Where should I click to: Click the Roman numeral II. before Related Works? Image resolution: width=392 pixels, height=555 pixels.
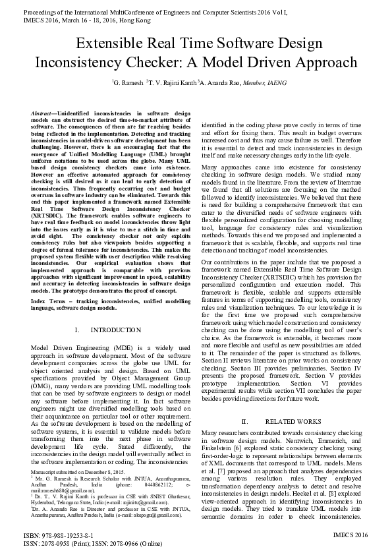[x=244, y=421]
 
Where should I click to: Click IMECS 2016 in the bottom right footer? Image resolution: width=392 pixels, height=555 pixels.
[x=350, y=535]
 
